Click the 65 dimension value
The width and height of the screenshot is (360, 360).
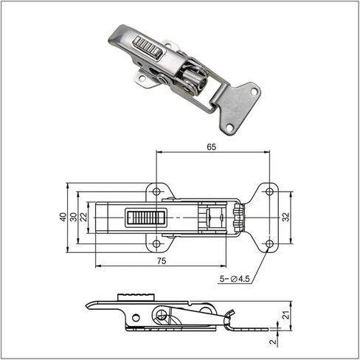tap(211, 147)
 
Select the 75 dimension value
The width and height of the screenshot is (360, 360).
tap(162, 261)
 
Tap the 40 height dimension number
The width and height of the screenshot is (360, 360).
tap(63, 217)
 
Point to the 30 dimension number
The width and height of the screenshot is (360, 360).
tap(74, 217)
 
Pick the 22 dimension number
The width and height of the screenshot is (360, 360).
tap(84, 217)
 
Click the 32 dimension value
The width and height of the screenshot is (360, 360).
tap(285, 217)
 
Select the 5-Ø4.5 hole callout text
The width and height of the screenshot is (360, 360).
tap(235, 279)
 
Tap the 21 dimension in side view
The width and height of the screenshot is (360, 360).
tap(285, 315)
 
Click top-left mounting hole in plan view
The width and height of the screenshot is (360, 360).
tap(156, 192)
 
